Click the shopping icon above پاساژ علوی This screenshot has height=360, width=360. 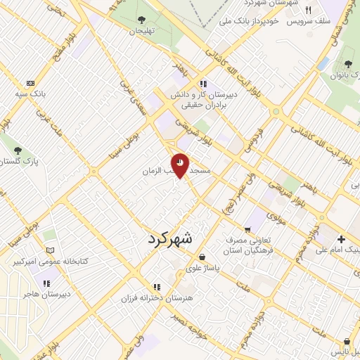[x=202, y=257]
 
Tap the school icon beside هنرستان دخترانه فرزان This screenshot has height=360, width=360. [x=157, y=287]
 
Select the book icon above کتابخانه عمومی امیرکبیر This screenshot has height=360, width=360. [x=49, y=250]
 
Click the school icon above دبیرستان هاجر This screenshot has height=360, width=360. [x=46, y=283]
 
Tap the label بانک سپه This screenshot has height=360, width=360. [x=30, y=93]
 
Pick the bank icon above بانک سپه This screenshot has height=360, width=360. [x=30, y=82]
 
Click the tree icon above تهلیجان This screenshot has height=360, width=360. [x=139, y=20]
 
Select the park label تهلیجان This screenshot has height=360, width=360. [x=139, y=31]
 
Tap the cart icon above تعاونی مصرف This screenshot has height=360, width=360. [x=247, y=229]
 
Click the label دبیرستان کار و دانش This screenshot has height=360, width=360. [x=202, y=93]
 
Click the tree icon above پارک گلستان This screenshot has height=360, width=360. [x=18, y=150]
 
